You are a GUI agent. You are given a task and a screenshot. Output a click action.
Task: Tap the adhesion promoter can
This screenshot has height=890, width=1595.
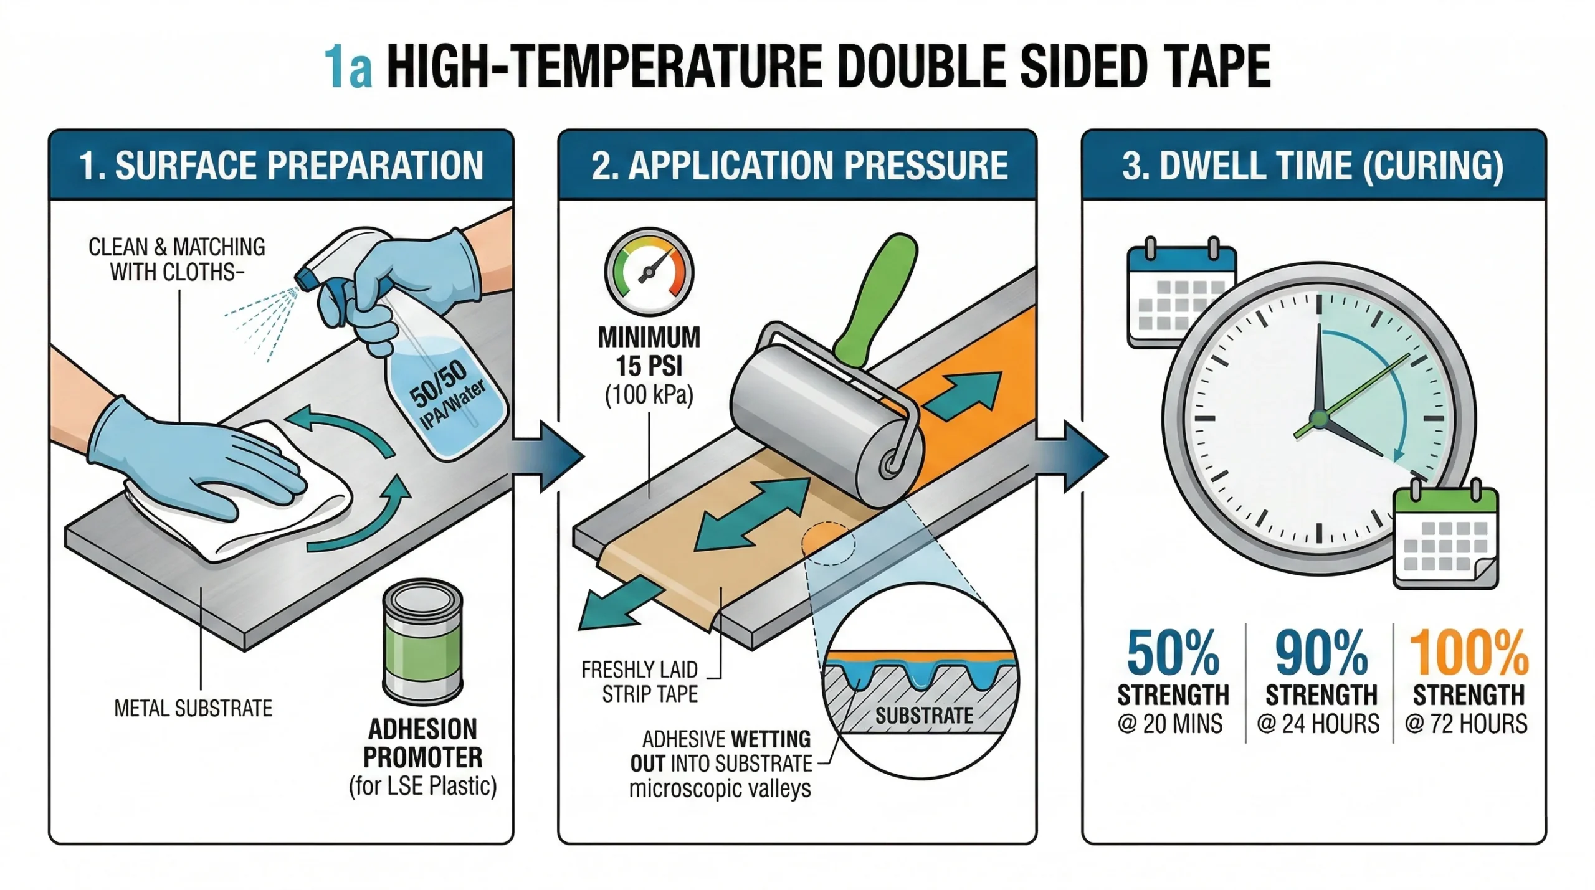(x=422, y=641)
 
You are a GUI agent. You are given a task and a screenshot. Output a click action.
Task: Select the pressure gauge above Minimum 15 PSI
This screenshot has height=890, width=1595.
(x=649, y=272)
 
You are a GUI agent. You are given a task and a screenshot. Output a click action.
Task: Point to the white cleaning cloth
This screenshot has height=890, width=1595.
(x=237, y=498)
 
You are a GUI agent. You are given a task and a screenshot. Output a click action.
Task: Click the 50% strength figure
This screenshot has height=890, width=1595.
(x=1173, y=653)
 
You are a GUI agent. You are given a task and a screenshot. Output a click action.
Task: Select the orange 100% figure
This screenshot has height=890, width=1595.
(x=1469, y=653)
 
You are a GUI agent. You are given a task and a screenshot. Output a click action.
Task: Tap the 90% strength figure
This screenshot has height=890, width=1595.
(x=1321, y=653)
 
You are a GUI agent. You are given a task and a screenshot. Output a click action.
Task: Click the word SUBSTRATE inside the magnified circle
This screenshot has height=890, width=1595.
(x=924, y=716)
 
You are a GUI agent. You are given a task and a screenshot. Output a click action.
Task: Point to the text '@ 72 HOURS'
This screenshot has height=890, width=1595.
(x=1466, y=724)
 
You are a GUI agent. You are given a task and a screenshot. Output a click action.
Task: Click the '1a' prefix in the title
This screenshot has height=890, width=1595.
(x=348, y=67)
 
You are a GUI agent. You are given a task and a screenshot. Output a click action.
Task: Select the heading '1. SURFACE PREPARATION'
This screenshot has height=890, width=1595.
(x=281, y=166)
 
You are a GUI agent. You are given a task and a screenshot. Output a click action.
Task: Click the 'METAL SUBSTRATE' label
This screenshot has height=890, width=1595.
(x=193, y=708)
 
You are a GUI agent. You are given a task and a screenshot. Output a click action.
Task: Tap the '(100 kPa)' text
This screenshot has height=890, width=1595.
(x=649, y=395)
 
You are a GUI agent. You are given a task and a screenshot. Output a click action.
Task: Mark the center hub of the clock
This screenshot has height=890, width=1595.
(x=1319, y=419)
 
